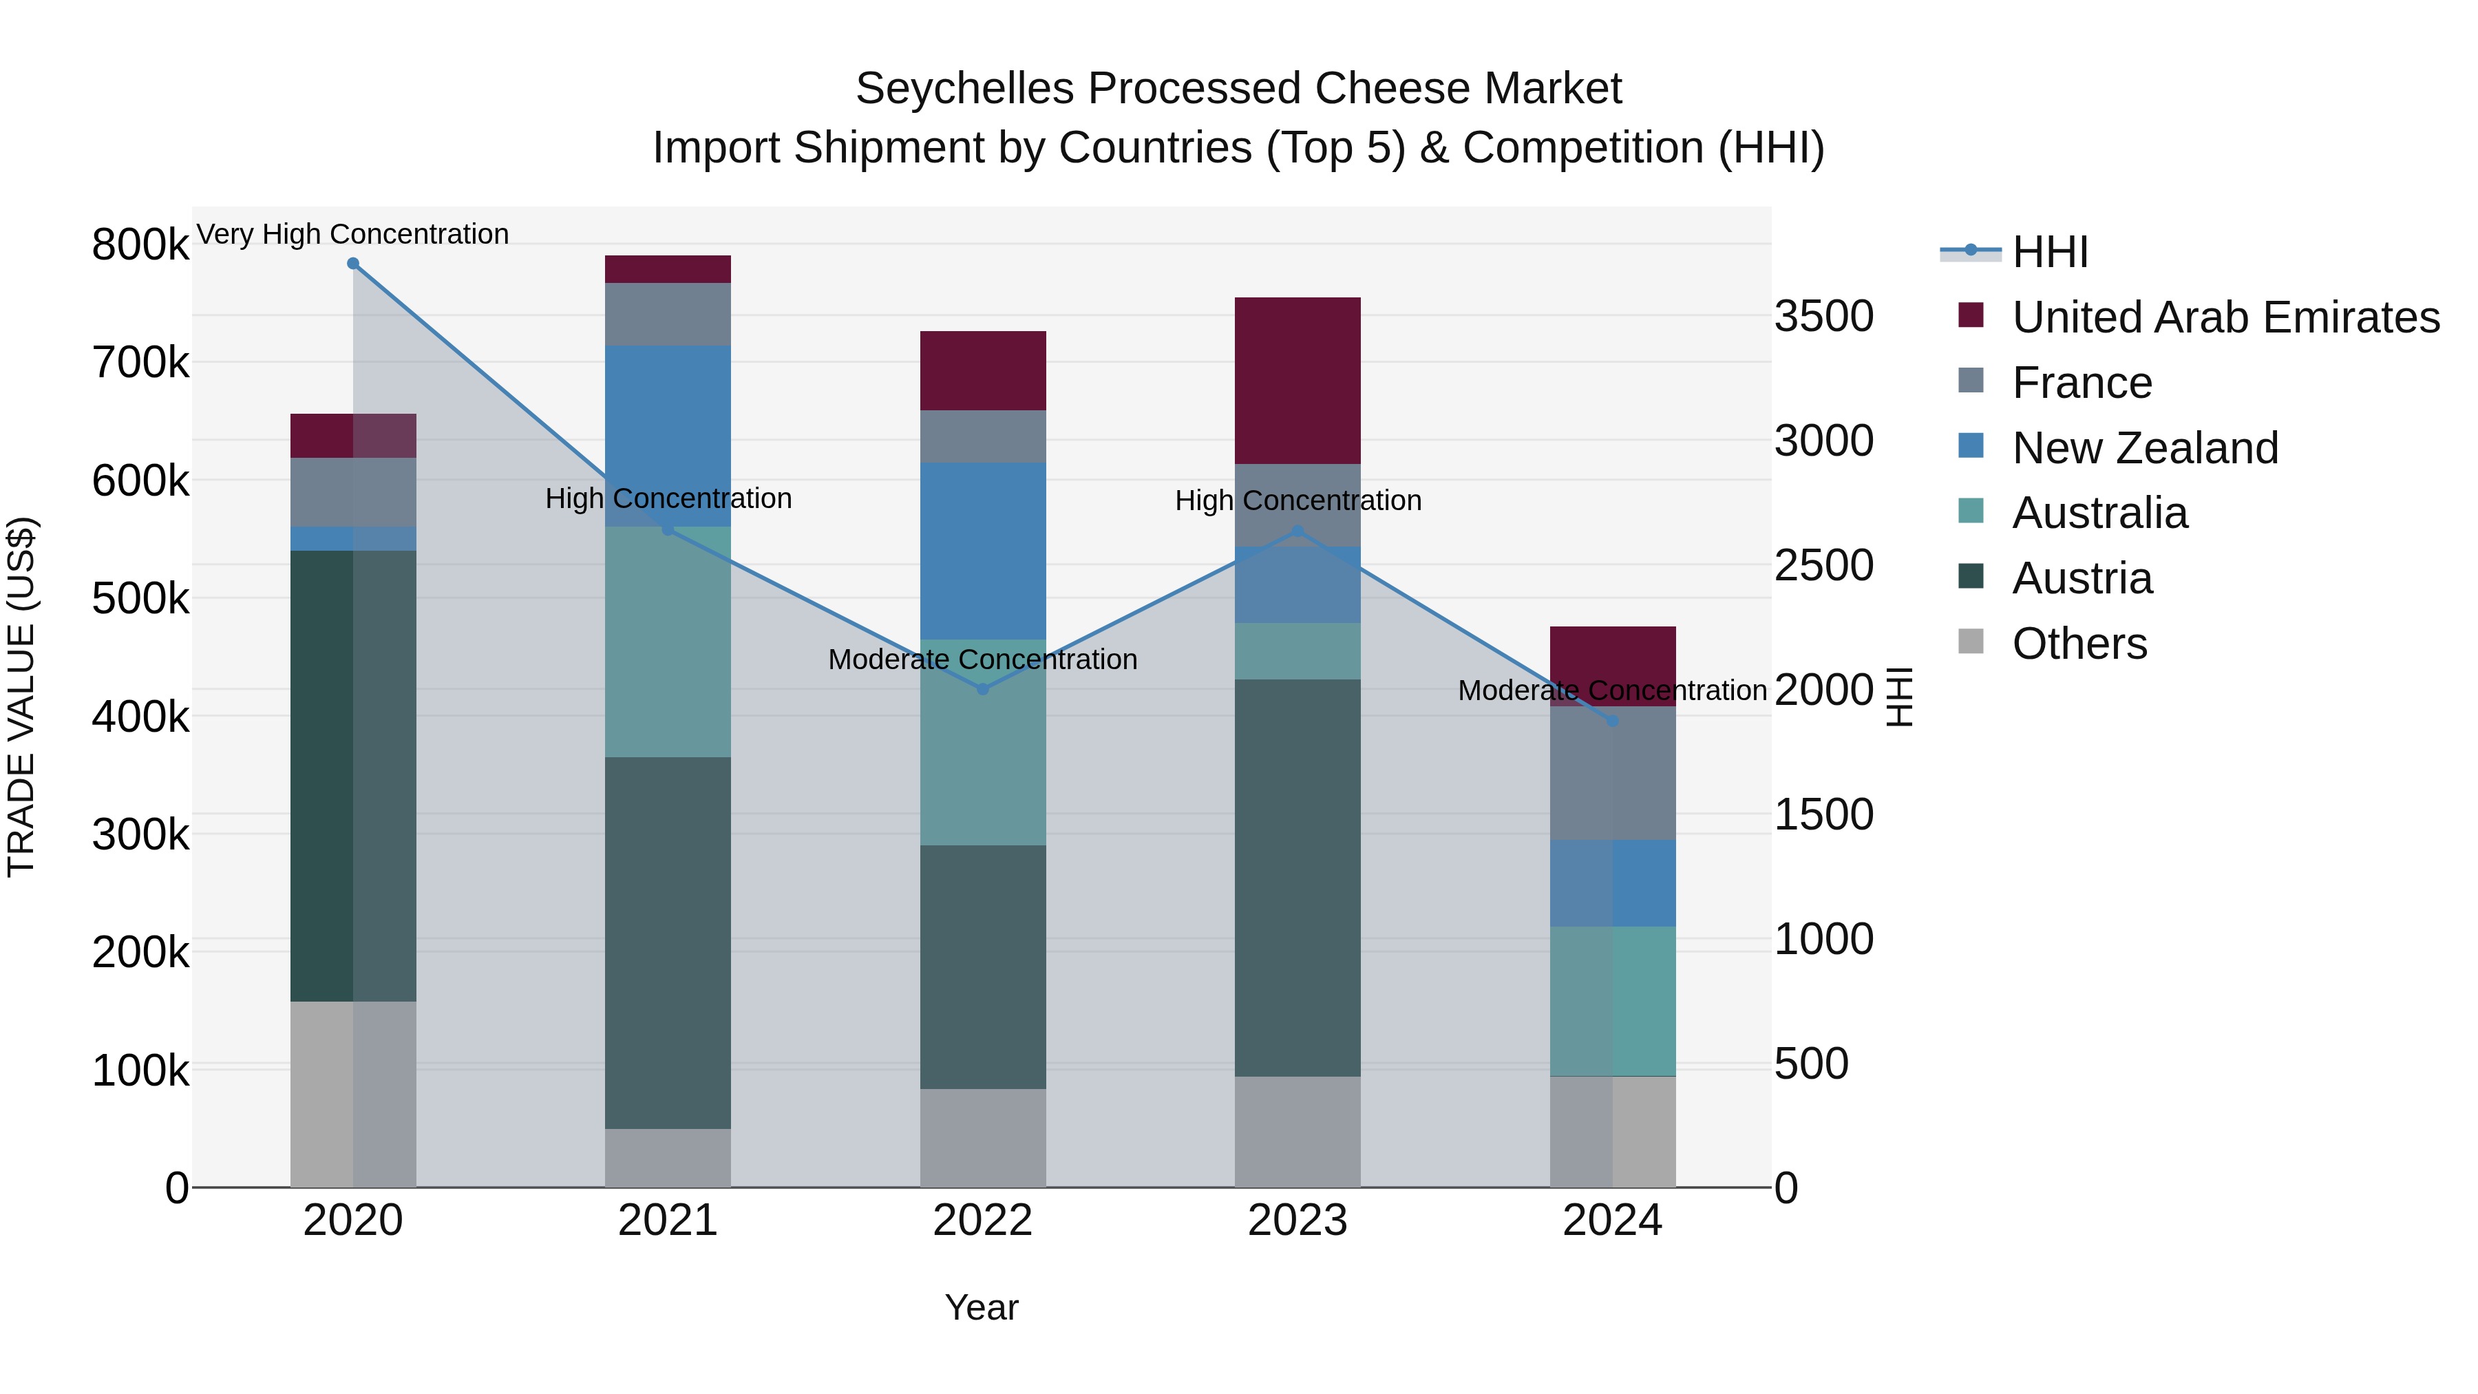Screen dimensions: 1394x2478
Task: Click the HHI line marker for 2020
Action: pos(353,264)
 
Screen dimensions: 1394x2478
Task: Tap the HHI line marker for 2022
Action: pos(982,689)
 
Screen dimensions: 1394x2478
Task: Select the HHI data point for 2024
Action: pos(1612,721)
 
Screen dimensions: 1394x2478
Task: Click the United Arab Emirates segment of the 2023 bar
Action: pos(1297,381)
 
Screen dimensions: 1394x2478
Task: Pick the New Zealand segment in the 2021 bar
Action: pos(668,436)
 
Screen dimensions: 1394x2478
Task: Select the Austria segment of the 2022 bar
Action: pos(982,967)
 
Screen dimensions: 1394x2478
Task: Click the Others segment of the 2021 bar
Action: pos(668,1157)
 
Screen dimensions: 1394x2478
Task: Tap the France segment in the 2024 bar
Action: pos(1612,774)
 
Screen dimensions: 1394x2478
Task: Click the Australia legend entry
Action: pos(2098,513)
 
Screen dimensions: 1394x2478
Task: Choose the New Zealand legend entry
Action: pos(2144,448)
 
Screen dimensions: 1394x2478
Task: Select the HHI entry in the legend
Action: pos(2049,252)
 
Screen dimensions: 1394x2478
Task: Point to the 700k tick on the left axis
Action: pos(140,363)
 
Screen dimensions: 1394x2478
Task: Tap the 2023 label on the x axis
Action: pos(1297,1221)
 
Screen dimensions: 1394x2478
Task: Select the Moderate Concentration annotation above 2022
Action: pos(982,660)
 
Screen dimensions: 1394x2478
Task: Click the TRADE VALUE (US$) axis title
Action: pos(21,697)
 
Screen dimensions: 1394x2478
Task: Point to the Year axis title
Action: pos(981,1307)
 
